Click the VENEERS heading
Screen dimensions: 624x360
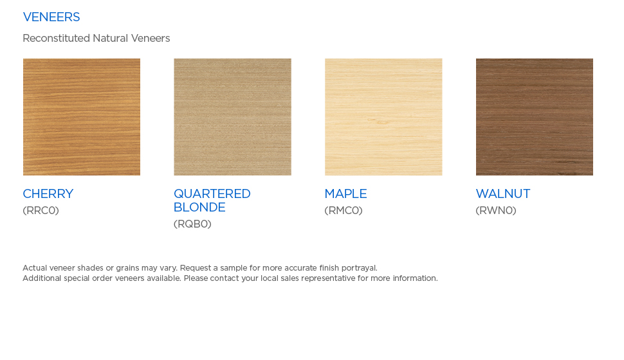tap(51, 17)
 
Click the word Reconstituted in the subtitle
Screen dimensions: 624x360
tap(56, 38)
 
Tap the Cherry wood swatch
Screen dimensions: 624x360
tap(82, 117)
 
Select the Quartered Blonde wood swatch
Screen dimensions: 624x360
tap(232, 117)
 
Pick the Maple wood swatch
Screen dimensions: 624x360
tap(383, 117)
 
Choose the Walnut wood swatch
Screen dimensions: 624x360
tap(535, 117)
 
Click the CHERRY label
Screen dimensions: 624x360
tap(48, 194)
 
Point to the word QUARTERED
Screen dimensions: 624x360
tap(212, 194)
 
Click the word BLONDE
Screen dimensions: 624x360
tap(200, 207)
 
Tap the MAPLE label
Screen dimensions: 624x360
tap(346, 194)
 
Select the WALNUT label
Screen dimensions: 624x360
tap(503, 194)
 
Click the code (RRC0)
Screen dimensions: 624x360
tap(41, 210)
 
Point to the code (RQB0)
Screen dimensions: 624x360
tap(192, 224)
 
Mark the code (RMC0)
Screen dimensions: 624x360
tap(344, 210)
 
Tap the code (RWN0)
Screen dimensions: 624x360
tap(496, 210)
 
